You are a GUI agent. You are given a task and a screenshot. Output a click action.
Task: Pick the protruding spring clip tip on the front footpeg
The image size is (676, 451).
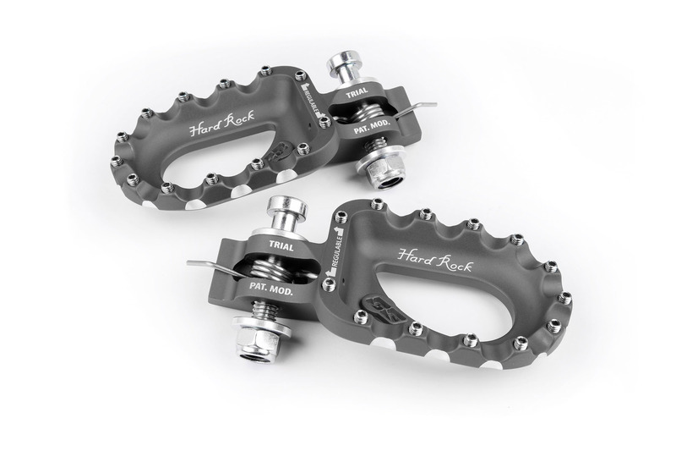point(194,264)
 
